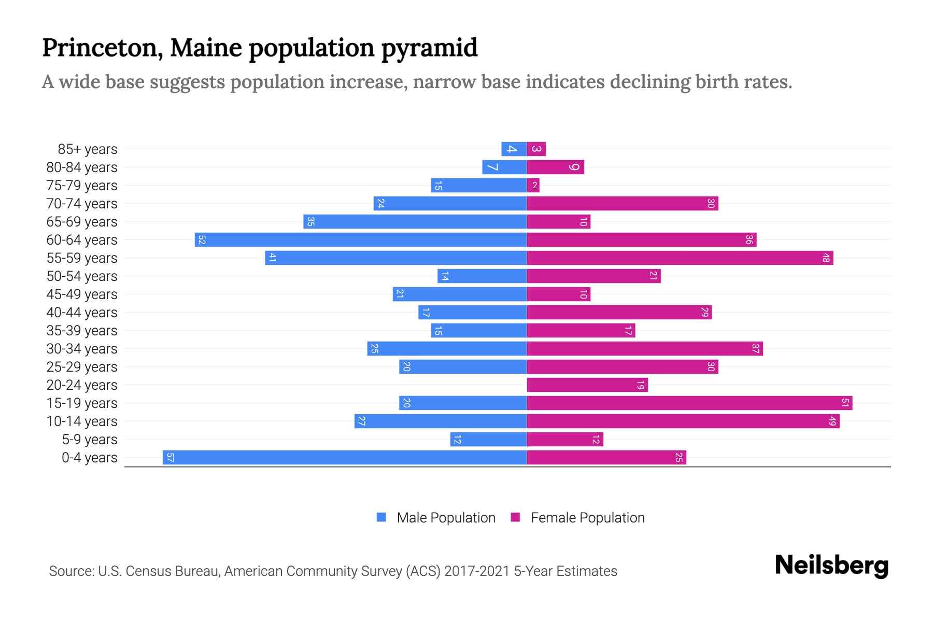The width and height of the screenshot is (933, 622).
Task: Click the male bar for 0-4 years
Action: (345, 457)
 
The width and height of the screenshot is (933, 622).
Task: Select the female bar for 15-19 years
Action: (689, 403)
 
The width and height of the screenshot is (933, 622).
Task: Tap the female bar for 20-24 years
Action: (587, 385)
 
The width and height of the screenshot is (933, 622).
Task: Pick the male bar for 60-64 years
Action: (361, 239)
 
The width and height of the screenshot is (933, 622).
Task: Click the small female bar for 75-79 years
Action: (533, 185)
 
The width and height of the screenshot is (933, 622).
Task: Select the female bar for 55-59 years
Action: (680, 258)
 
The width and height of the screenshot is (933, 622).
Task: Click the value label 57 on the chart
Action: (170, 457)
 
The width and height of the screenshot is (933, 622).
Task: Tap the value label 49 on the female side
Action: (832, 421)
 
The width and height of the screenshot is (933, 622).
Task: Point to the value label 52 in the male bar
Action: (202, 239)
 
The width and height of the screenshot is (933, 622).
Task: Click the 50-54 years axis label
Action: (82, 276)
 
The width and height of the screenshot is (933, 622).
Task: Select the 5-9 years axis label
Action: (90, 440)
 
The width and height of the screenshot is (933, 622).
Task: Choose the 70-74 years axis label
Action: (82, 204)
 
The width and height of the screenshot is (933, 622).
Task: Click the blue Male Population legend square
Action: (381, 517)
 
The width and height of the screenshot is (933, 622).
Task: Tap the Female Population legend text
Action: (587, 517)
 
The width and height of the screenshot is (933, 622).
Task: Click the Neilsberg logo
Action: (831, 566)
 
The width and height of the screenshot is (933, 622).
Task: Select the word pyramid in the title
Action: (429, 48)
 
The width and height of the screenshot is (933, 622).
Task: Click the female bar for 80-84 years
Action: (555, 167)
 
